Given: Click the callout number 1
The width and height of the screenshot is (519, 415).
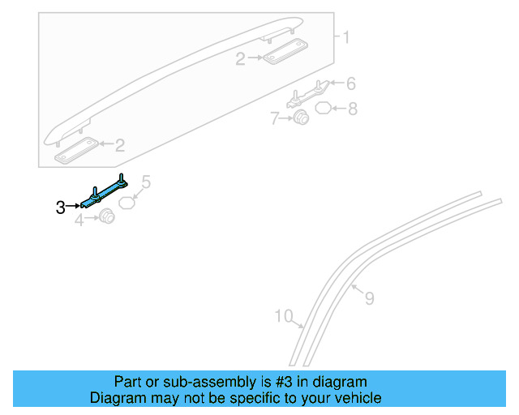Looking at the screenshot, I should [345, 37].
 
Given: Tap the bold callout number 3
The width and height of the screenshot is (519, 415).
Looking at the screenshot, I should [61, 208].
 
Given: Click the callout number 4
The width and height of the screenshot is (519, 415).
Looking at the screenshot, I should [79, 219].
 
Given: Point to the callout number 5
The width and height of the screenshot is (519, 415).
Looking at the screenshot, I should [147, 182].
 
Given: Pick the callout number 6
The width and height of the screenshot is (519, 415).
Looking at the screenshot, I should [351, 83].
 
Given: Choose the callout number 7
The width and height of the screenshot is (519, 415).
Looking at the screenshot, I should [276, 119].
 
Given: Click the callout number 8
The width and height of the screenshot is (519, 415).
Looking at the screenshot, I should [353, 108].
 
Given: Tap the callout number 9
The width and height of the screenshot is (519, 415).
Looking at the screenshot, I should [369, 298].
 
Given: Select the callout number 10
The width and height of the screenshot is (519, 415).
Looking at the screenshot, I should [283, 316].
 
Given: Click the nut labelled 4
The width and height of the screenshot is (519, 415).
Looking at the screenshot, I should [105, 217].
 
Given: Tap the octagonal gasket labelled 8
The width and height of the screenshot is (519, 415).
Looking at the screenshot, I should [322, 108].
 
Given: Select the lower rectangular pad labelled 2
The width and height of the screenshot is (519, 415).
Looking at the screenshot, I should [75, 150].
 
